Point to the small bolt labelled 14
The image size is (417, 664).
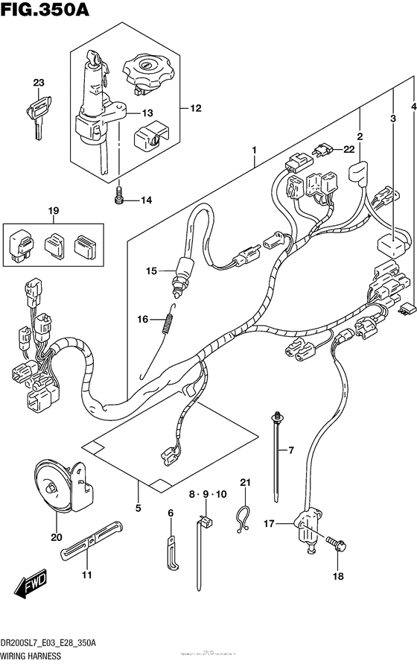coord(118,197)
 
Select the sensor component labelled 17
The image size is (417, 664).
coord(307,526)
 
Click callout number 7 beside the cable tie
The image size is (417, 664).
coord(291,451)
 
